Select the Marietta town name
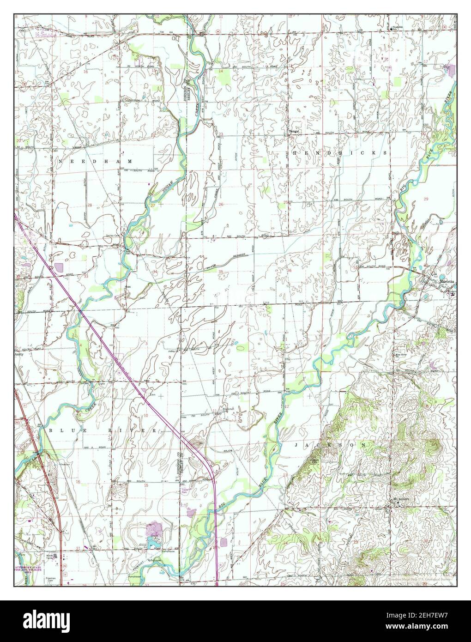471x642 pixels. pos(447,281)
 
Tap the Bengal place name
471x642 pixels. pos(294,132)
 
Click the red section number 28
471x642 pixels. pos(90,205)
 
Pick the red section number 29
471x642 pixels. pos(425,198)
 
